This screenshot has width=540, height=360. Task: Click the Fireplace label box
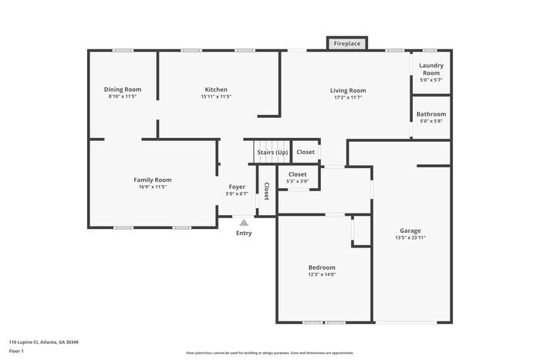click(346, 44)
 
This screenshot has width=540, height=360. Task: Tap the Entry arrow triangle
click(244, 223)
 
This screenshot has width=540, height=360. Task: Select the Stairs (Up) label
click(272, 152)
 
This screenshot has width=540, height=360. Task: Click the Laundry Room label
click(431, 69)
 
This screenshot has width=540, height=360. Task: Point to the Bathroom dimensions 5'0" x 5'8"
click(431, 121)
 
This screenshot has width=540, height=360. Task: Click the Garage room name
click(410, 230)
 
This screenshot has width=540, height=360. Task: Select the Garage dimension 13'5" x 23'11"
click(410, 237)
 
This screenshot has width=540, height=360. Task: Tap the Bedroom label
click(322, 267)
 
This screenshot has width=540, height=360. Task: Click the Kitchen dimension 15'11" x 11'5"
click(215, 97)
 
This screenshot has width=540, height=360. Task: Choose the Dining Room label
click(123, 89)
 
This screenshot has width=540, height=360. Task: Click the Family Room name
click(152, 180)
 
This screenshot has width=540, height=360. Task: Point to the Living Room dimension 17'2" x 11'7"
click(348, 97)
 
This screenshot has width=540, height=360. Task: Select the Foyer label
click(237, 187)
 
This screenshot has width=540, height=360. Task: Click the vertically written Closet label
click(266, 191)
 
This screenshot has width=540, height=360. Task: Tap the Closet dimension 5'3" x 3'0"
click(298, 181)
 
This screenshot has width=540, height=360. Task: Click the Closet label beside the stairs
click(305, 152)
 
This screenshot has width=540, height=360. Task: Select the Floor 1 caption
click(16, 351)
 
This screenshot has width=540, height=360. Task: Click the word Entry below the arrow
click(244, 233)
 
